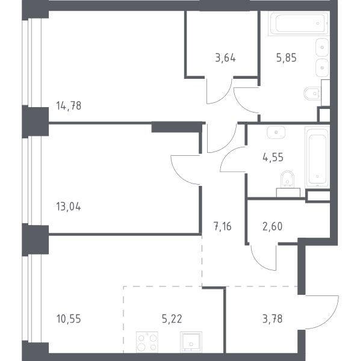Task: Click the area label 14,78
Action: (x=69, y=106)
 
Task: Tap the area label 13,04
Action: (x=69, y=206)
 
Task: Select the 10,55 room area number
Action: (x=69, y=319)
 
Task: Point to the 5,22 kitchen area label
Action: (x=172, y=319)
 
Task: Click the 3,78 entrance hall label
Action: (x=273, y=319)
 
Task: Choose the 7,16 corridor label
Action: (x=223, y=226)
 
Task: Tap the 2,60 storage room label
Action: (x=272, y=226)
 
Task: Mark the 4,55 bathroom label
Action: (x=273, y=158)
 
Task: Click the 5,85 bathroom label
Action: (x=287, y=58)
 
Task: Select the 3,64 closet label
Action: (x=226, y=58)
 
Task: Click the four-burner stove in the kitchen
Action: (x=147, y=342)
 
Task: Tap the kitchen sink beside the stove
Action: (x=191, y=342)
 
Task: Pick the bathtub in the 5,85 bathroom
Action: (x=299, y=23)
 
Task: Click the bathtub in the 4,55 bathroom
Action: (x=317, y=157)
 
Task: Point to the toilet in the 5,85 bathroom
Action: (x=312, y=93)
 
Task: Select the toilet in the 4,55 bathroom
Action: (x=287, y=179)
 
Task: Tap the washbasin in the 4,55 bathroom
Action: (x=276, y=132)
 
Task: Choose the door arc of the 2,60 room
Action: (x=258, y=264)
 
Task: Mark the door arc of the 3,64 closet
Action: (x=225, y=97)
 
